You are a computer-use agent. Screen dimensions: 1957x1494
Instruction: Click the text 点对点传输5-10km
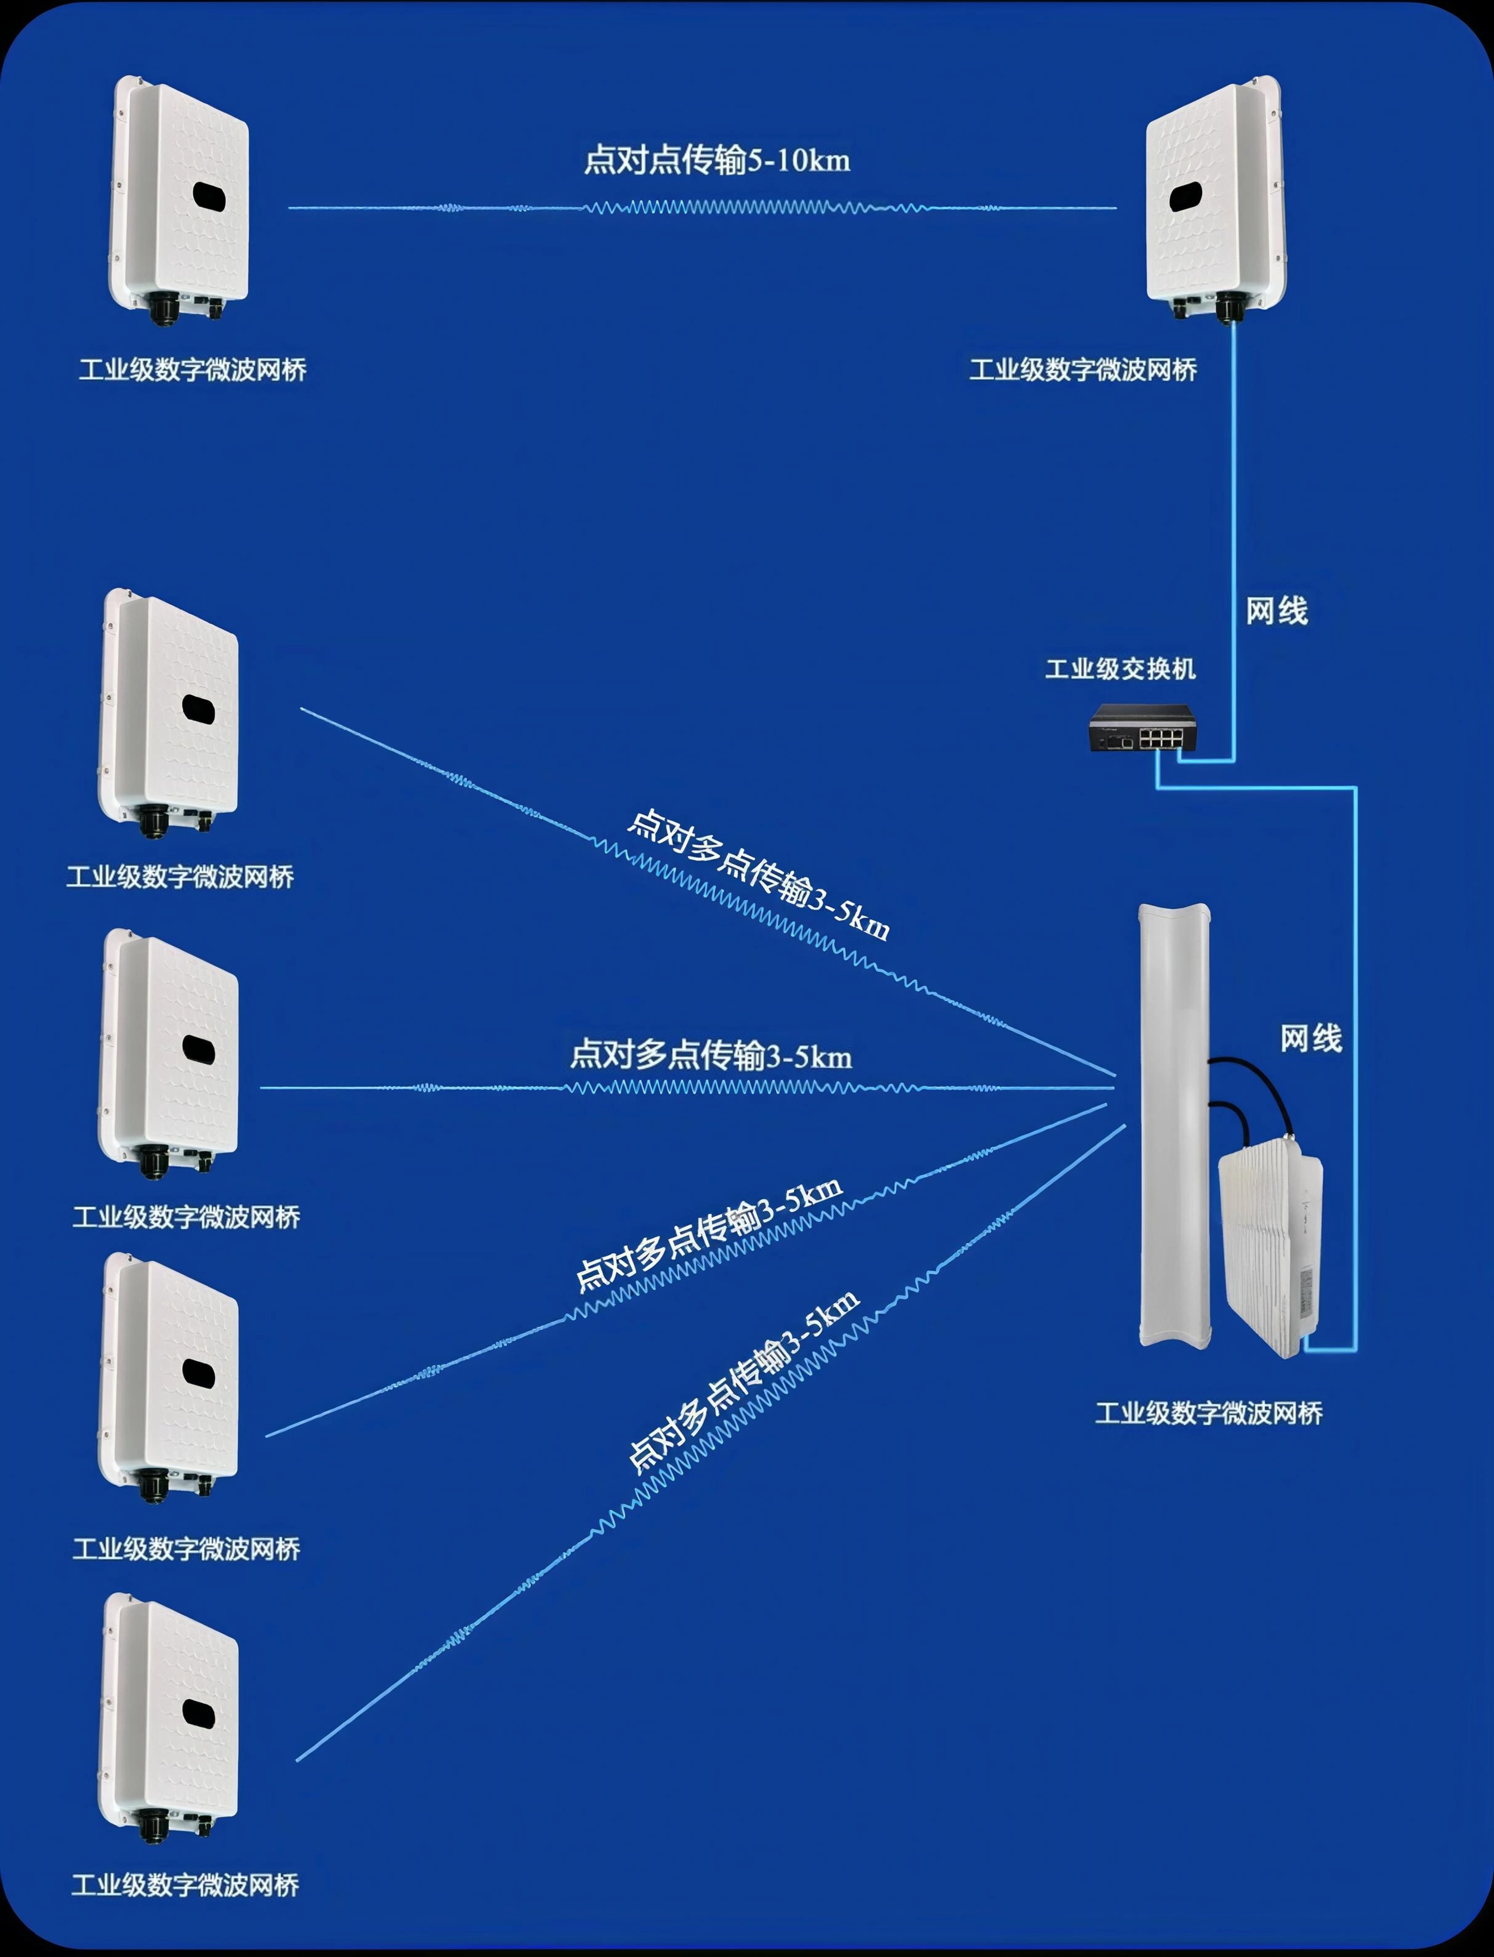716,161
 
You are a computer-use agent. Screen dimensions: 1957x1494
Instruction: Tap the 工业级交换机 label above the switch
1120,669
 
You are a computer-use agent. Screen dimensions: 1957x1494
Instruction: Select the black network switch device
1142,729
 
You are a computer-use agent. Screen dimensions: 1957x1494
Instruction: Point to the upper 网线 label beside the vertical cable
1276,611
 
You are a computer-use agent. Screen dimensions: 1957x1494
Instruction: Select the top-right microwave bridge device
1214,200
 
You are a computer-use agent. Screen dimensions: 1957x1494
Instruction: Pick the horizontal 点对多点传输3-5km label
711,1056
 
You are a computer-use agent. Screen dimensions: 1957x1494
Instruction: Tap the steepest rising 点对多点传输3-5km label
743,1382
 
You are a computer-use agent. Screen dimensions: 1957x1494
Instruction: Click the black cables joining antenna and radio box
1254,1094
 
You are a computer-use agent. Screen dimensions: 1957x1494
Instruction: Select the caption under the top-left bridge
192,370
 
